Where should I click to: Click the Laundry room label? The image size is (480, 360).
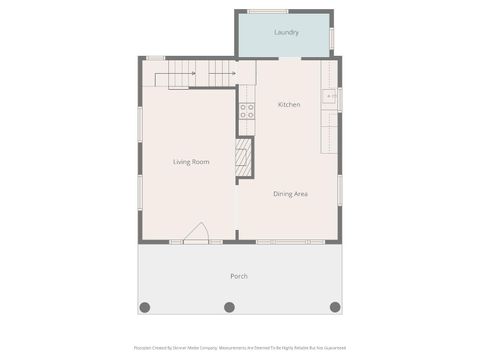tap(286, 33)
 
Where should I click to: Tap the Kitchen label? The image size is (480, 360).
tap(289, 105)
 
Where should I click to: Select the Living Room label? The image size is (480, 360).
tap(190, 161)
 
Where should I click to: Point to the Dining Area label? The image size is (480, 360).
tap(290, 193)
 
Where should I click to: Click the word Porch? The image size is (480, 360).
tap(239, 276)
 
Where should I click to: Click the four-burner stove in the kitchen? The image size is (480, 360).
tap(246, 112)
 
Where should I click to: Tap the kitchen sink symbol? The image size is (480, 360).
tap(328, 97)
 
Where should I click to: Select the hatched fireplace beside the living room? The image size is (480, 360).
tap(242, 158)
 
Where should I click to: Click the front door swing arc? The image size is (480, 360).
tap(196, 232)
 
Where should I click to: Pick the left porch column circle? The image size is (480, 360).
tap(144, 307)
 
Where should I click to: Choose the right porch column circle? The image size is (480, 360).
tap(335, 307)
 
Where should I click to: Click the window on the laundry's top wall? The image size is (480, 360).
tap(268, 11)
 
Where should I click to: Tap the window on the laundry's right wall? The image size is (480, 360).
tap(332, 37)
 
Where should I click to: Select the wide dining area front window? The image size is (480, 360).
tap(290, 242)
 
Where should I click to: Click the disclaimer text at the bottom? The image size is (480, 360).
tap(239, 348)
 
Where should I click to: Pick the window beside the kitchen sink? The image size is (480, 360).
tap(340, 99)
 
